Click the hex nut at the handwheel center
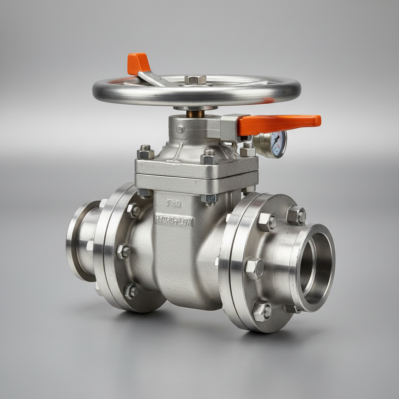pyautogui.click(x=195, y=79)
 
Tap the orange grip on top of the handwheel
pyautogui.click(x=138, y=64)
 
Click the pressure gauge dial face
pyautogui.click(x=278, y=144)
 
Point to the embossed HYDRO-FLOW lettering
pyautogui.click(x=175, y=220)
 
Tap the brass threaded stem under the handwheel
pyautogui.click(x=195, y=114)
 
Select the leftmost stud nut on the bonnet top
pyautogui.click(x=146, y=152)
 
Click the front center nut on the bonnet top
pyautogui.click(x=210, y=157)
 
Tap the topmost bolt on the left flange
pyautogui.click(x=134, y=210)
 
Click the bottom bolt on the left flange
pyautogui.click(x=131, y=291)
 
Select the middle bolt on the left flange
pyautogui.click(x=124, y=251)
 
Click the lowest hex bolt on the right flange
pyautogui.click(x=262, y=311)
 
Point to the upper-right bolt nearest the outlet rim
pyautogui.click(x=297, y=215)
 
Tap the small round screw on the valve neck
pyautogui.click(x=180, y=129)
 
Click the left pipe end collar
pyautogui.click(x=80, y=240)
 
